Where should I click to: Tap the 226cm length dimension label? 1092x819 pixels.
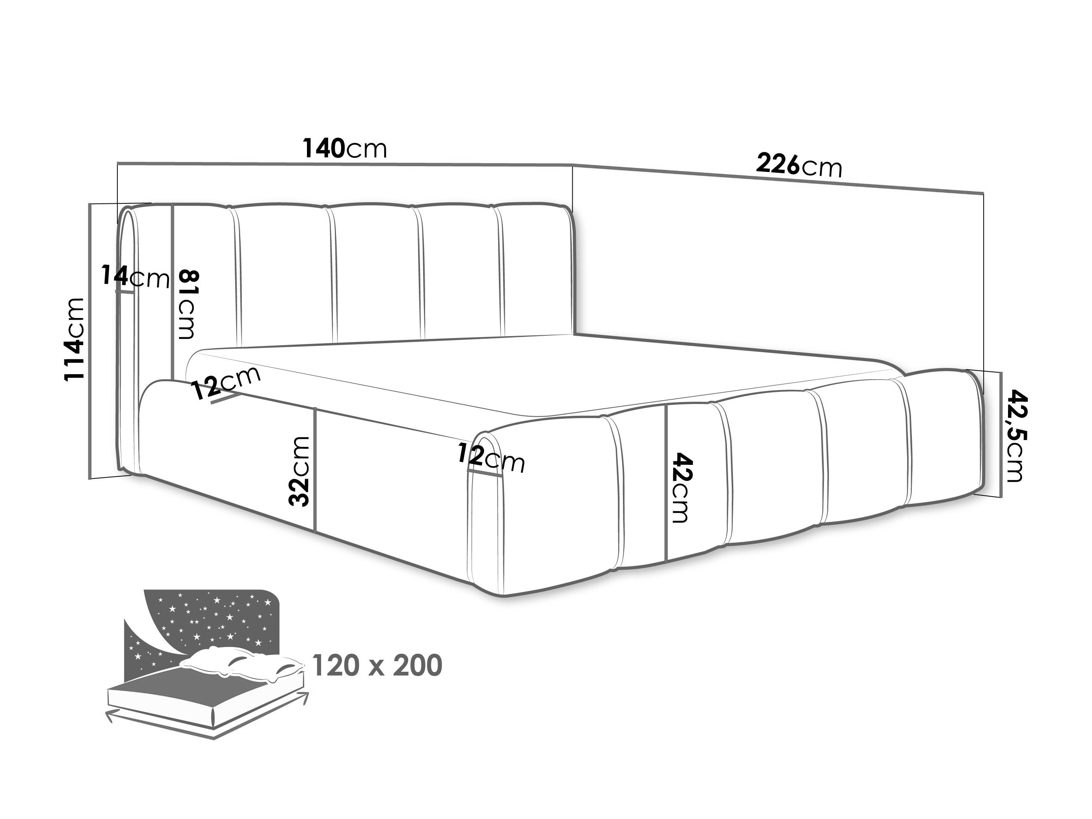click(799, 166)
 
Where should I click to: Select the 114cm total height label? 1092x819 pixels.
click(75, 339)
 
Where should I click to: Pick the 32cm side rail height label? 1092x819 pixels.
click(299, 471)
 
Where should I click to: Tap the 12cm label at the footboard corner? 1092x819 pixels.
click(491, 459)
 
